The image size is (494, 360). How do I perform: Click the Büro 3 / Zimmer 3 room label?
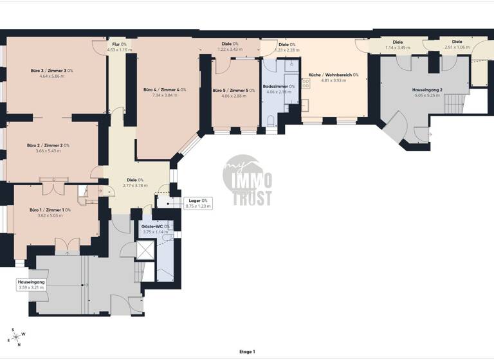tap(52, 70)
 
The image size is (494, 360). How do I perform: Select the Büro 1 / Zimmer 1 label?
tap(50, 210)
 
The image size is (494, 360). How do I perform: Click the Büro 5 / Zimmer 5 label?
tap(234, 91)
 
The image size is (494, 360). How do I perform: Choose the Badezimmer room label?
tap(279, 86)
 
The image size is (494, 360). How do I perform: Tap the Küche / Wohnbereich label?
tap(333, 75)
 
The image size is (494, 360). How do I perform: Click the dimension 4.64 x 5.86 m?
tap(52, 76)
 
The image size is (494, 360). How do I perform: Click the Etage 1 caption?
tap(247, 352)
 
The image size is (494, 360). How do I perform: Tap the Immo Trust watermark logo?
tap(247, 181)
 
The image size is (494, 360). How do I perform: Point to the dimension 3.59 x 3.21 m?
tap(32, 287)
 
